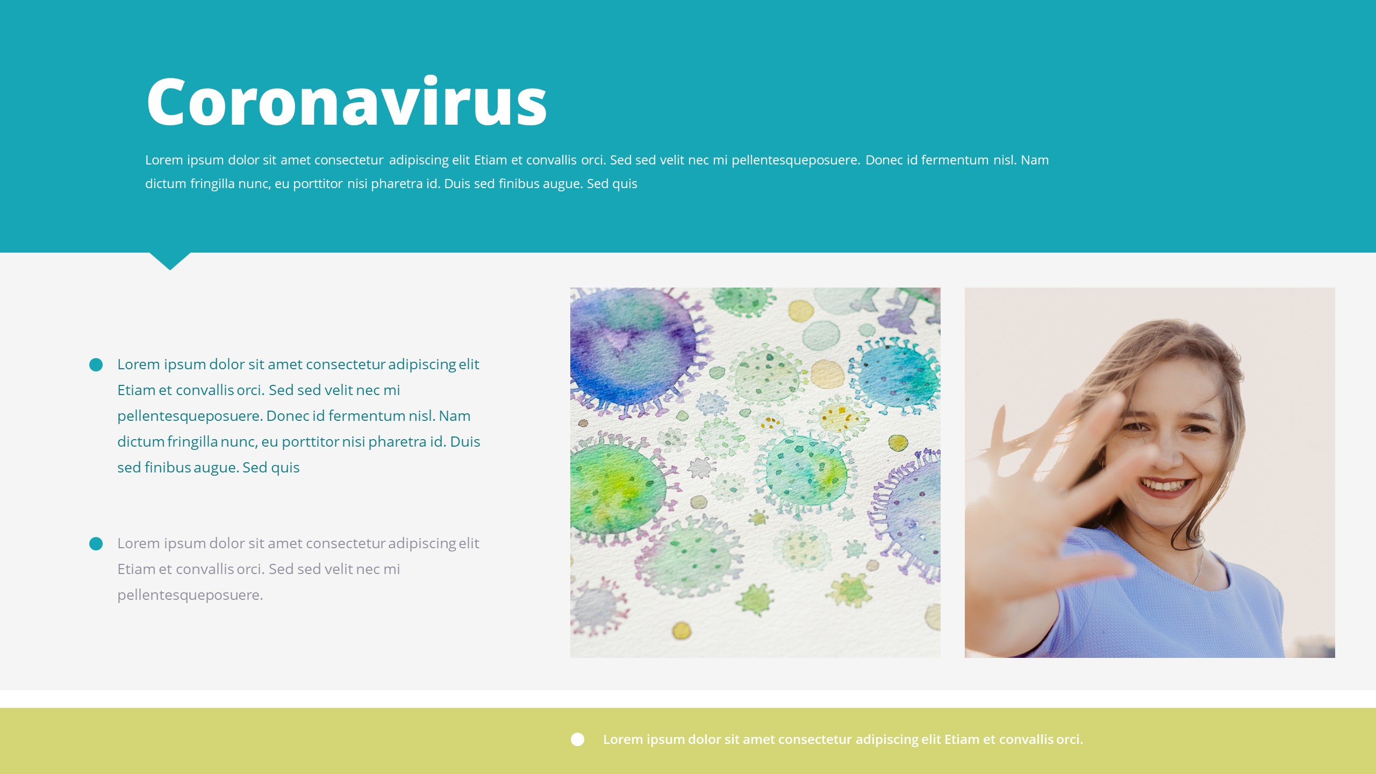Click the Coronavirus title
click(x=347, y=102)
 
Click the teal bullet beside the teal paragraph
click(x=96, y=365)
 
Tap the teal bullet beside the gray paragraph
click(x=96, y=544)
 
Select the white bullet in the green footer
click(x=577, y=740)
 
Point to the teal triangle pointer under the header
click(x=170, y=260)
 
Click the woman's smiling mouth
click(x=1165, y=486)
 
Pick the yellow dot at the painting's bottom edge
click(x=682, y=630)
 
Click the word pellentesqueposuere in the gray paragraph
click(x=190, y=595)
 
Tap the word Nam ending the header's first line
click(x=1035, y=160)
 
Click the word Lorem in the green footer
click(x=622, y=740)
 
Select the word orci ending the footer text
click(x=1069, y=740)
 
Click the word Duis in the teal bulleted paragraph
click(x=465, y=442)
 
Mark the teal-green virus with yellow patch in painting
click(x=806, y=473)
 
